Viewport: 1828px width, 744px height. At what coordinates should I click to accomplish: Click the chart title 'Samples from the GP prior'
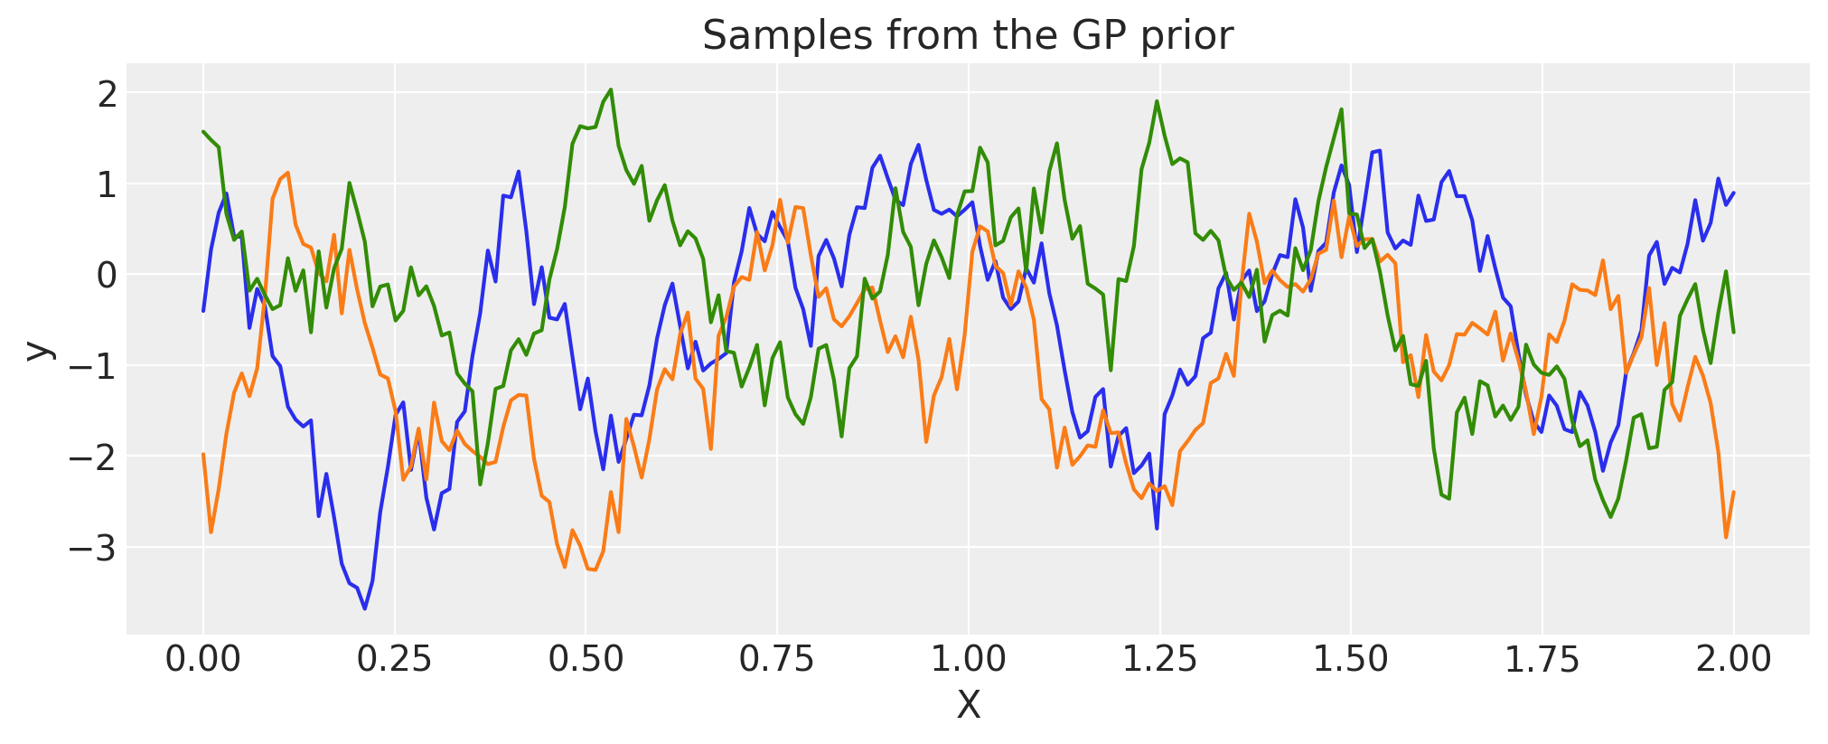(x=967, y=36)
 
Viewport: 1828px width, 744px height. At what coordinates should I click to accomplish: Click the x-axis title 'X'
(x=968, y=705)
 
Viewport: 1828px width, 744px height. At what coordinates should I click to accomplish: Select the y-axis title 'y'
(x=38, y=350)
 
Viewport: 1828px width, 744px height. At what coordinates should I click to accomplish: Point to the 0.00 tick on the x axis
(x=203, y=659)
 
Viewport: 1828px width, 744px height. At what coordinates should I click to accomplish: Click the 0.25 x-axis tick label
(x=394, y=659)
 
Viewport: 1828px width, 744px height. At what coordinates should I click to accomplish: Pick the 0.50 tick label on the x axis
(x=586, y=659)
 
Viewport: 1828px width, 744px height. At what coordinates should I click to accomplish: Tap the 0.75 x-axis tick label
(x=777, y=659)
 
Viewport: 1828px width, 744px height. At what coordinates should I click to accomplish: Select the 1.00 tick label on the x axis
(x=968, y=659)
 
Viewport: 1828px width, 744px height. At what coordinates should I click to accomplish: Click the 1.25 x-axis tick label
(x=1159, y=659)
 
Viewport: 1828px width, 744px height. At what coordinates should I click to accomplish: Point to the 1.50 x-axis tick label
(x=1350, y=659)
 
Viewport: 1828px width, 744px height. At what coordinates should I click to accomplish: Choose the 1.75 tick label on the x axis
(x=1542, y=659)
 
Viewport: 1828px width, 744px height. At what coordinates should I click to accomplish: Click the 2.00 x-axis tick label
(x=1733, y=659)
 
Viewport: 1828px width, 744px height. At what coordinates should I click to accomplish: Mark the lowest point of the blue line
(x=365, y=608)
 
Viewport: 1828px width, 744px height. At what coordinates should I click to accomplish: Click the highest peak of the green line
(x=611, y=89)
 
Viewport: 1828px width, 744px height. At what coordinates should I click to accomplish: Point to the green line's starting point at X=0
(x=203, y=132)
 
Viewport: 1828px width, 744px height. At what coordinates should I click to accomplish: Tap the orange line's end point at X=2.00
(x=1733, y=493)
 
